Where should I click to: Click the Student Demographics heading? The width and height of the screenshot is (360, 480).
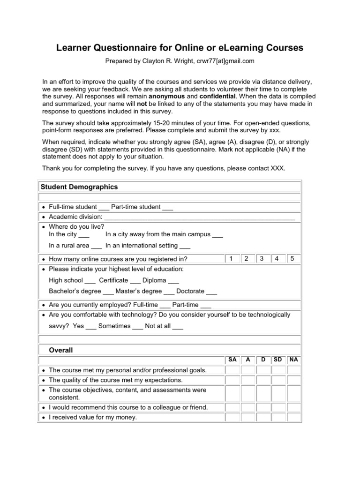[79, 187]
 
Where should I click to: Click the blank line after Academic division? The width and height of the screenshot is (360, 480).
[199, 217]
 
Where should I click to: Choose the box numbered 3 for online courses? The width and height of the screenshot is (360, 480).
[262, 258]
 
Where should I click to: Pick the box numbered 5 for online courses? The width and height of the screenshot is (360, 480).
[292, 258]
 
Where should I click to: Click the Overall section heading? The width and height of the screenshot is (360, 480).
[61, 350]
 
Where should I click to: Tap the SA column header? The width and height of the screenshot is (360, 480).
[232, 360]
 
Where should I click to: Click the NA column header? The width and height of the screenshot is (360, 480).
[293, 360]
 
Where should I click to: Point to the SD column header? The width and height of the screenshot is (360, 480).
[278, 360]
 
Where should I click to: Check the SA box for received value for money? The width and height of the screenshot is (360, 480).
[232, 417]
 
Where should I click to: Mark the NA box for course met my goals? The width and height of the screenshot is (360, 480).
[293, 370]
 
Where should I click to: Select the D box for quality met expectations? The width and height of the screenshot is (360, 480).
[263, 380]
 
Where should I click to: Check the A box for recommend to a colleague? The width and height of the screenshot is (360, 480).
[247, 407]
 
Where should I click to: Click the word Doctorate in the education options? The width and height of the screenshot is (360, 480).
[191, 291]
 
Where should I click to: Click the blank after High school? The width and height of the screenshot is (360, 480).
[90, 281]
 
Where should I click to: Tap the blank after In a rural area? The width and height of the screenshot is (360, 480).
[97, 246]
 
